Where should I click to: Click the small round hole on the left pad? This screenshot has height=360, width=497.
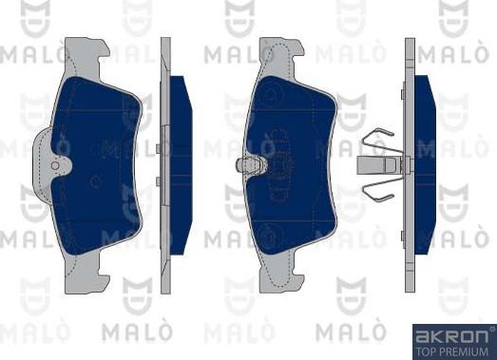tap(55, 165)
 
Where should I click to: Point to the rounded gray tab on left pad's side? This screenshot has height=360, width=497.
tap(42, 164)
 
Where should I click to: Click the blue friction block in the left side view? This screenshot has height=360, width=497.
tap(181, 164)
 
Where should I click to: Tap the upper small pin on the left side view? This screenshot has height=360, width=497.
tap(158, 149)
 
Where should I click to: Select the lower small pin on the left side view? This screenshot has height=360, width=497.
tap(158, 181)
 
